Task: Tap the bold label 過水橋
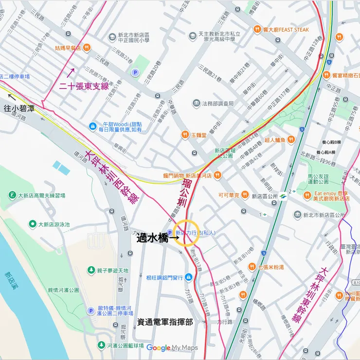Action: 151,238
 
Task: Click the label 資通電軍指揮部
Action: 165,322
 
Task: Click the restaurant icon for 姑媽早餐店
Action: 86,47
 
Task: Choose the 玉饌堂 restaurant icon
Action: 185,134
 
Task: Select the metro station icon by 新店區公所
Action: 283,196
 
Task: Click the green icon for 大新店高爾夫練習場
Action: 12,195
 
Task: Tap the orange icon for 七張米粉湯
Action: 252,266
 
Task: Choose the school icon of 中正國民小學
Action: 112,36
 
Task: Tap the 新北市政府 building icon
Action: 297,215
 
